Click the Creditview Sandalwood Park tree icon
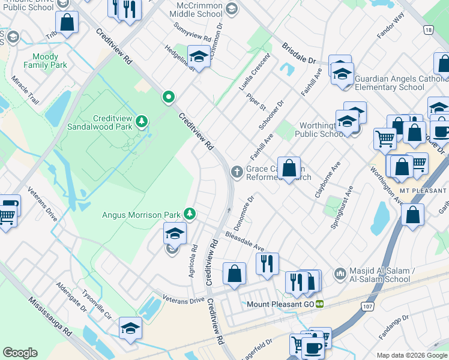pos(142,122)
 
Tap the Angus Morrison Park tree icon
pos(190,214)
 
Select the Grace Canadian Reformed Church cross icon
pos(237,172)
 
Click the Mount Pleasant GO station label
pos(281,304)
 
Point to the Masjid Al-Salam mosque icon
pos(340,273)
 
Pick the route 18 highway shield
pos(427,29)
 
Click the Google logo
pos(20,353)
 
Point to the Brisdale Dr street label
pos(298,53)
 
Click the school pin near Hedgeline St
pos(197,57)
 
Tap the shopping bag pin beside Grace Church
pos(289,167)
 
